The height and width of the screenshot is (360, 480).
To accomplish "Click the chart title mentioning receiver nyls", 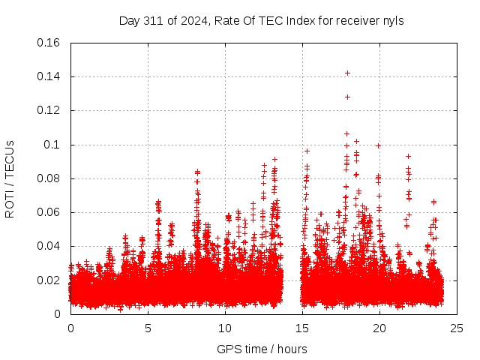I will coord(261,21).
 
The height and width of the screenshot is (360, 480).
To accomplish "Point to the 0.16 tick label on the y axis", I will coord(49,43).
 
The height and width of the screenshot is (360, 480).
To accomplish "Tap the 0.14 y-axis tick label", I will coord(49,76).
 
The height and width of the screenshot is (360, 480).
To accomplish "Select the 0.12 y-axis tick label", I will coord(49,110).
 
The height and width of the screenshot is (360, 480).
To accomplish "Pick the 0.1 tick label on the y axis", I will coord(54,145).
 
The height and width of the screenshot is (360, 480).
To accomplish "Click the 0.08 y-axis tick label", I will coord(49,178).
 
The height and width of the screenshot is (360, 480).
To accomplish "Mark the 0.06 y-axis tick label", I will coord(49,212).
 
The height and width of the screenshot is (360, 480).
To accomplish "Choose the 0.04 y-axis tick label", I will coord(49,246).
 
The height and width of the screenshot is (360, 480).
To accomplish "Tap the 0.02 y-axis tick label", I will coord(49,280).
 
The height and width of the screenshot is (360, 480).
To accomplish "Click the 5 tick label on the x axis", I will coord(148,328).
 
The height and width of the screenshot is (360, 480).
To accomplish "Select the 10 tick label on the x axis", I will coord(225,328).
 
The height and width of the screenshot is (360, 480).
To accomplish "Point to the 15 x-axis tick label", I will coord(302,328).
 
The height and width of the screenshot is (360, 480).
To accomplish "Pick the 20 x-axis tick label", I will coord(379,328).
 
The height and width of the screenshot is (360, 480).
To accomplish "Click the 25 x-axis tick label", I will coord(457,328).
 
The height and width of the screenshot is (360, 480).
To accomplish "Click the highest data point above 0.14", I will coord(347,73).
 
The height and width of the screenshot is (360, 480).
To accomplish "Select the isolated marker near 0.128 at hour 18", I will coord(347,97).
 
